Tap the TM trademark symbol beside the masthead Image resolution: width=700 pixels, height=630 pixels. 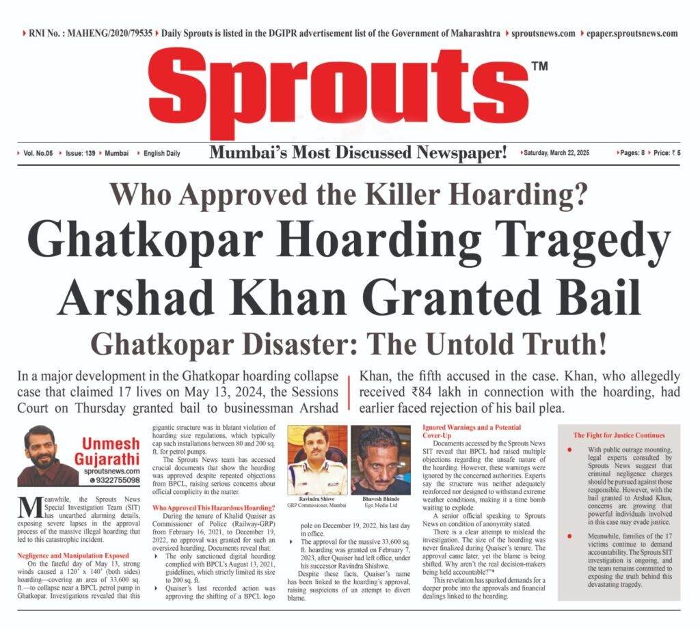click(x=539, y=66)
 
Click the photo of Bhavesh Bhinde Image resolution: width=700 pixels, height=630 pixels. click(x=381, y=458)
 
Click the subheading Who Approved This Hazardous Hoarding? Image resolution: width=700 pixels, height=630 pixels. click(x=213, y=507)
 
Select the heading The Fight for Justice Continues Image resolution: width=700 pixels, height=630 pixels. click(x=619, y=435)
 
